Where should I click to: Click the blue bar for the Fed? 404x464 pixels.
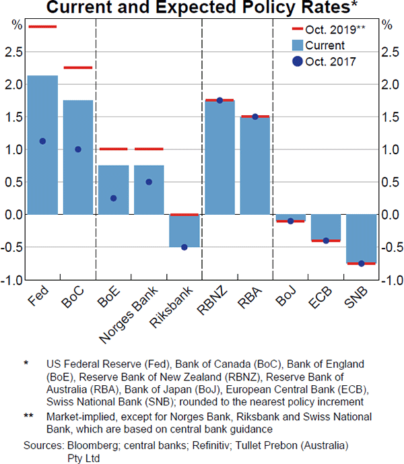click(42, 145)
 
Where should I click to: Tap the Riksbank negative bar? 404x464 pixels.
click(184, 231)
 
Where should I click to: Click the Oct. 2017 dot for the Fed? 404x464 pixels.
click(42, 141)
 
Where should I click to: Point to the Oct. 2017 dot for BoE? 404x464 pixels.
click(113, 198)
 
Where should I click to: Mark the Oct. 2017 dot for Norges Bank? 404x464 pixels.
click(148, 182)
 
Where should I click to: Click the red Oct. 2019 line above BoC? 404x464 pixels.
click(77, 67)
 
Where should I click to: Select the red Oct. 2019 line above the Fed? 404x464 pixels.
click(42, 26)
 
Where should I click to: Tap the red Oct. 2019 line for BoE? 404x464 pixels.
click(113, 149)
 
